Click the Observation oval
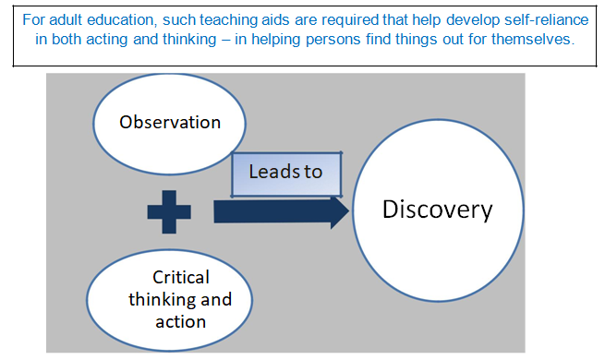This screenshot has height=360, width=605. pyautogui.click(x=169, y=122)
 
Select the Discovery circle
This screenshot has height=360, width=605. pyautogui.click(x=438, y=210)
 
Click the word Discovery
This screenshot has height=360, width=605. pyautogui.click(x=438, y=210)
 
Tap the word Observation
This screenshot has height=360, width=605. pyautogui.click(x=170, y=122)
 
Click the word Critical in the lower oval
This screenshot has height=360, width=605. pyautogui.click(x=181, y=277)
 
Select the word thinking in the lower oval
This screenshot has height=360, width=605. pyautogui.click(x=160, y=299)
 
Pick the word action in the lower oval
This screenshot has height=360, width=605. pyautogui.click(x=181, y=321)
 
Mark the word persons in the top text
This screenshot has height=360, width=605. pyautogui.click(x=319, y=40)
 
